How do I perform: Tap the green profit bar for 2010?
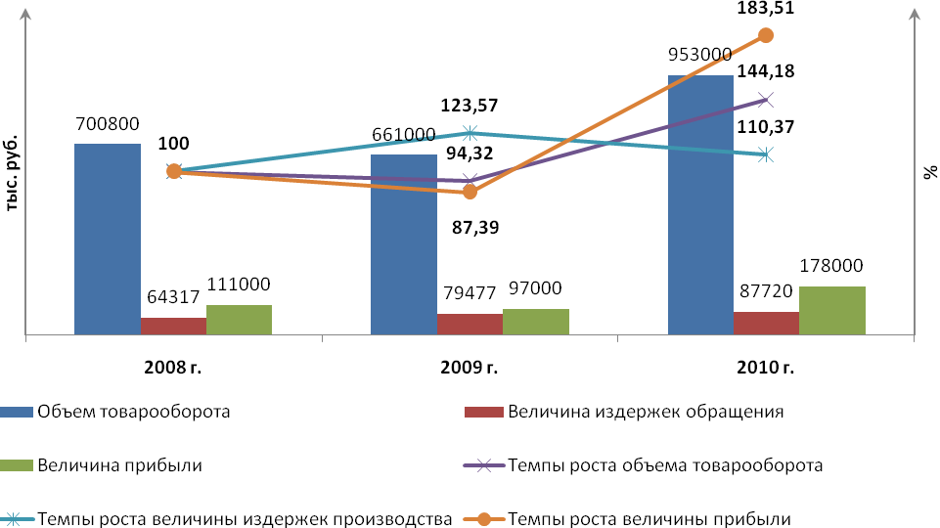(832, 311)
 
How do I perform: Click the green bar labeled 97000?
(536, 323)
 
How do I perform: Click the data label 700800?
(108, 124)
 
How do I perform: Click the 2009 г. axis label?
(470, 369)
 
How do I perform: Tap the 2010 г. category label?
(766, 369)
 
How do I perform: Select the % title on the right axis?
(929, 174)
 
